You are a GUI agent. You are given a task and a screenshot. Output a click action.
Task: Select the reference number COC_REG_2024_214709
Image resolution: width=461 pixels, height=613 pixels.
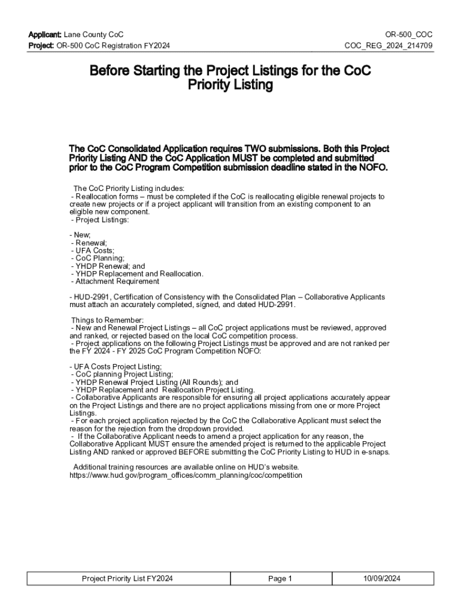[389, 46]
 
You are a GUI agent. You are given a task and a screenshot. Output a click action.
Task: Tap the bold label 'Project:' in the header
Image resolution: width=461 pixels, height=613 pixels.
[41, 46]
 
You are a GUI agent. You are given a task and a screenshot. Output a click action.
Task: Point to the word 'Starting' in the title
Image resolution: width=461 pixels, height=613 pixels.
[157, 71]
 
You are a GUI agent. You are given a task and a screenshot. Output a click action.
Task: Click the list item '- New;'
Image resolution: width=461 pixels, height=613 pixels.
[80, 235]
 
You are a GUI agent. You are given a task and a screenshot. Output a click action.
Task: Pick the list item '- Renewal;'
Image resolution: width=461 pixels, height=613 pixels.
[89, 243]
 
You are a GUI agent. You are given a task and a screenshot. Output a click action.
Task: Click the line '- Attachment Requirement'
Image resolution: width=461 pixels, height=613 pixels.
[114, 281]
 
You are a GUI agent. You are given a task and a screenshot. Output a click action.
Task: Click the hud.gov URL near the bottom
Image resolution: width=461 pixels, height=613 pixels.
[186, 475]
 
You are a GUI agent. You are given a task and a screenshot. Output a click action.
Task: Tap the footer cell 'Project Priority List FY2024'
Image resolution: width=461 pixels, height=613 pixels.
[128, 578]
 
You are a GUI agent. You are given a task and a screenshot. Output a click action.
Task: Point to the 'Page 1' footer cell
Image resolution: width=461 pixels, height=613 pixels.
[280, 578]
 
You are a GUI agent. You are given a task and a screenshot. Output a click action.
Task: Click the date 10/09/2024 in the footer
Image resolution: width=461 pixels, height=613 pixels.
[381, 578]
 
